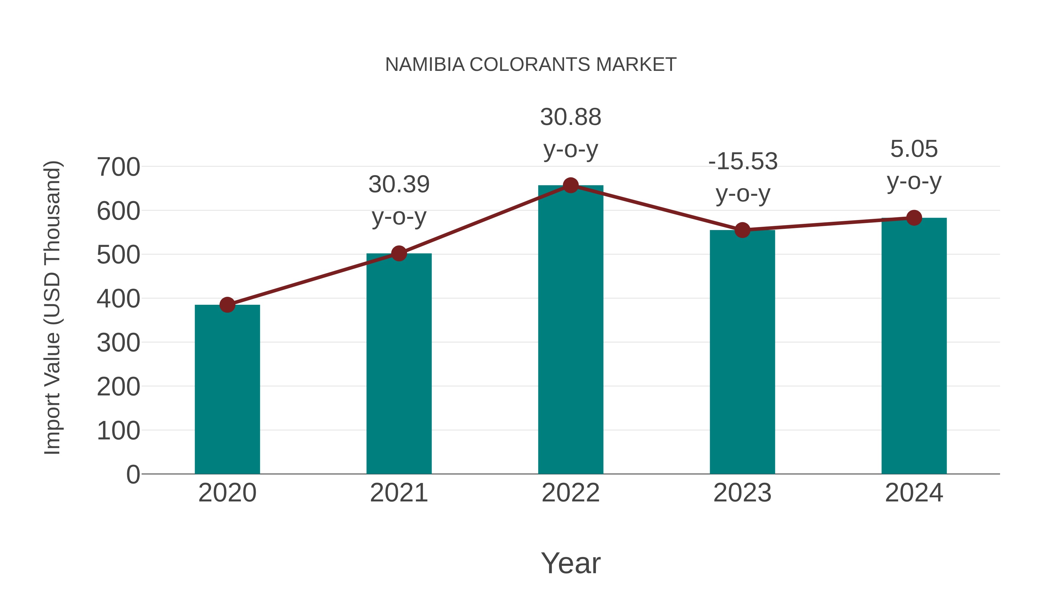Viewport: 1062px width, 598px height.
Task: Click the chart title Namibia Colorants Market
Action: tap(531, 64)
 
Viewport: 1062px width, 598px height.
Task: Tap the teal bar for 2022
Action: tap(571, 330)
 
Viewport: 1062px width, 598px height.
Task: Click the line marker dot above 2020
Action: tap(227, 305)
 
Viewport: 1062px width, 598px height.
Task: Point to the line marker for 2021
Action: tap(399, 253)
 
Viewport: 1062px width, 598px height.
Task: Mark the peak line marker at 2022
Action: tap(571, 185)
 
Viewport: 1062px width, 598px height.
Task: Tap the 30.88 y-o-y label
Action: tap(571, 133)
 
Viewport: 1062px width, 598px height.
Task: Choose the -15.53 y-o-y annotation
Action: tap(743, 177)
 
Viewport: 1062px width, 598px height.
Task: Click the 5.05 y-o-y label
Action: tap(914, 165)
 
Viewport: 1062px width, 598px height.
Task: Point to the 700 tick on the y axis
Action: tap(118, 167)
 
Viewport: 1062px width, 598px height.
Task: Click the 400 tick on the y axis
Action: tap(118, 299)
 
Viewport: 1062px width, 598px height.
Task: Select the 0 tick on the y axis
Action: tap(133, 474)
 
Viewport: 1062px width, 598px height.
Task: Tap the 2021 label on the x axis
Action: tap(399, 493)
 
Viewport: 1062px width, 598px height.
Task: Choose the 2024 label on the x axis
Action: tap(914, 493)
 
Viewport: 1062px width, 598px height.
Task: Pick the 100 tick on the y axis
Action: tap(118, 431)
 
